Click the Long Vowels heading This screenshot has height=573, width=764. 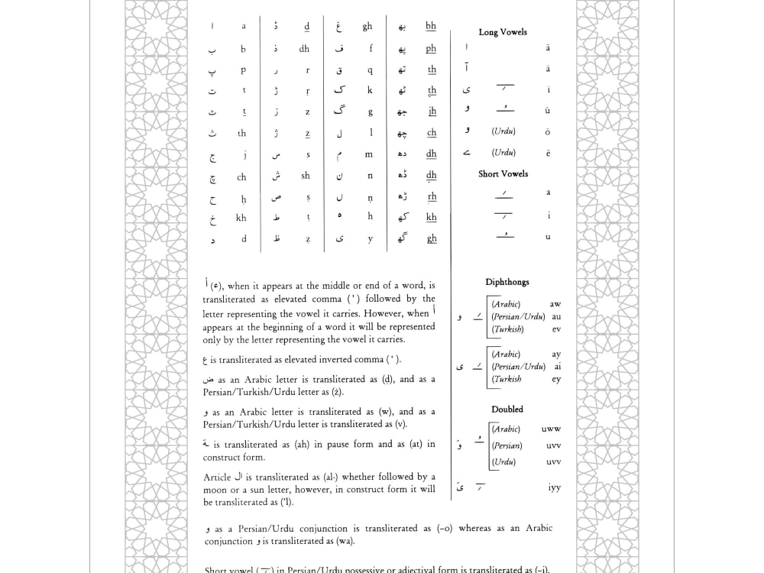point(503,32)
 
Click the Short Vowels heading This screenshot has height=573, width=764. point(503,174)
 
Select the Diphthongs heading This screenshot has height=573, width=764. point(507,282)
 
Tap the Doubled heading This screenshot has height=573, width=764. point(507,410)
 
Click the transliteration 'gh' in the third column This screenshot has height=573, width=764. point(367,26)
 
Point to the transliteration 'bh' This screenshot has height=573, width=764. point(431,26)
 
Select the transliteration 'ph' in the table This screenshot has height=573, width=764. point(432,48)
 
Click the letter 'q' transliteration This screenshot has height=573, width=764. point(371,70)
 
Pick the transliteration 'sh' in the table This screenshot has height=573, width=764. point(306,175)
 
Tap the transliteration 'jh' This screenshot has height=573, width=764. point(432,112)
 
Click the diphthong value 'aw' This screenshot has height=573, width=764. point(555,304)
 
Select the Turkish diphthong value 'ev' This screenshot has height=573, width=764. point(556,329)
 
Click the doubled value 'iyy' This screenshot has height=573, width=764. point(555,487)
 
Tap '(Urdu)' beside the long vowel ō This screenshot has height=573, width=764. point(503,131)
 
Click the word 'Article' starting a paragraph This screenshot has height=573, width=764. point(217,477)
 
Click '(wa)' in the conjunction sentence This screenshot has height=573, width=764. point(342,542)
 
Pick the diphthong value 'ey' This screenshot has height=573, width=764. point(556,379)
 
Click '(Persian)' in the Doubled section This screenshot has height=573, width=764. point(507,445)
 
